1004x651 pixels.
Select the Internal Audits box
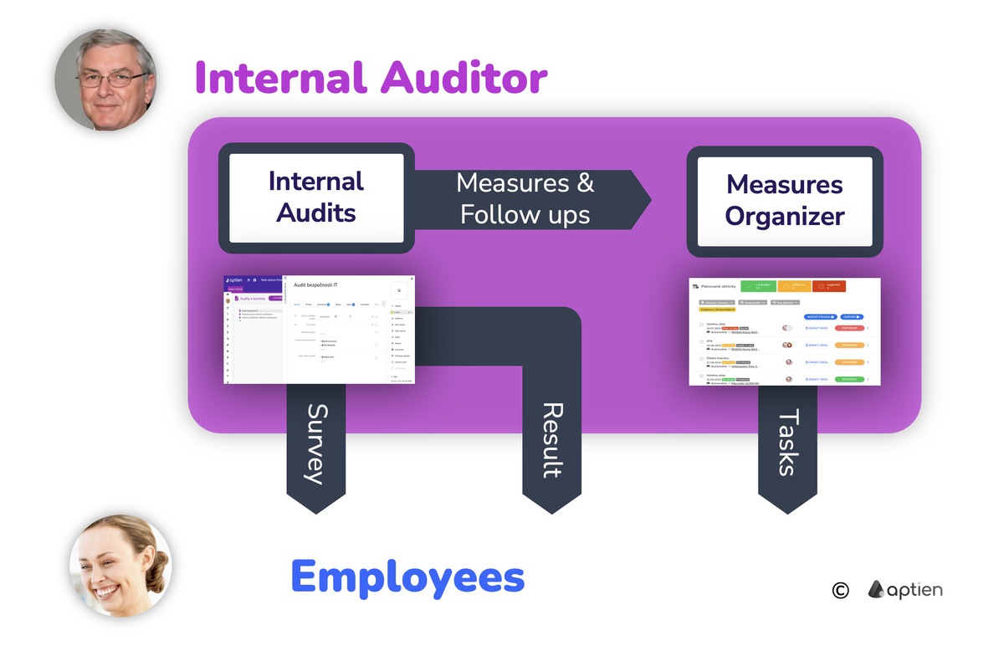coord(316,197)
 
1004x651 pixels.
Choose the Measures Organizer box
coord(784,200)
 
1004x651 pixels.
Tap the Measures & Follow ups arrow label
coord(525,199)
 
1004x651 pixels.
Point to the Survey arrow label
coord(315,444)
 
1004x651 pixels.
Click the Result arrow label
coord(551,440)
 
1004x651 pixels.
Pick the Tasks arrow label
coord(787,443)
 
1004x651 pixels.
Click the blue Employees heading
coord(407,577)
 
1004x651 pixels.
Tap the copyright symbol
coord(840,591)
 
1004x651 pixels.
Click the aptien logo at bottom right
coord(904,590)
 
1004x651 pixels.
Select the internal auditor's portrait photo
coord(105,79)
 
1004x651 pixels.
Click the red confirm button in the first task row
coord(849,328)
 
